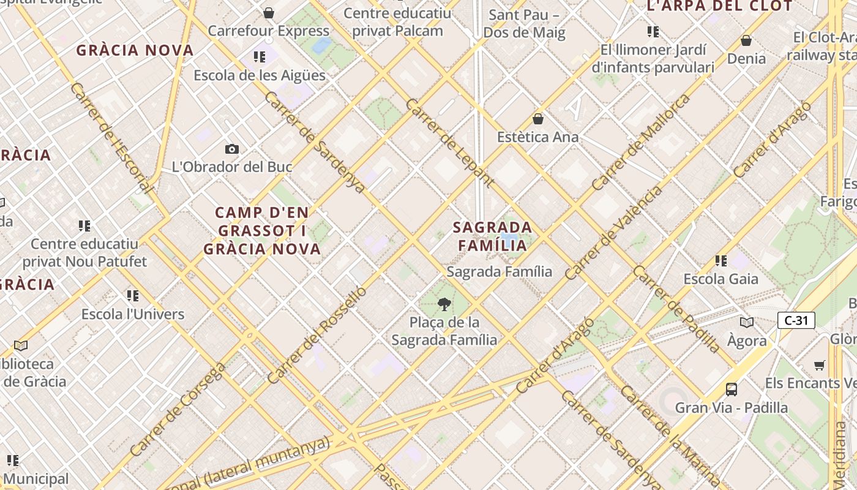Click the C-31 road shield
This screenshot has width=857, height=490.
(796, 320)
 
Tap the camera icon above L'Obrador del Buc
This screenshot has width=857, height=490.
(231, 149)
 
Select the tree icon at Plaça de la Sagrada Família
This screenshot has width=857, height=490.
(444, 304)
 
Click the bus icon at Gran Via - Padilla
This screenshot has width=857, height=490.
(731, 389)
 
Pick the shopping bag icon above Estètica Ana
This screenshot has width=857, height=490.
(538, 119)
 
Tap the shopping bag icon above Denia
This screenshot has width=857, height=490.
(746, 41)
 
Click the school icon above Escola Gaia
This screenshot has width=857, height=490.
(721, 261)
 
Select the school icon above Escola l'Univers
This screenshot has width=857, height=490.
(133, 296)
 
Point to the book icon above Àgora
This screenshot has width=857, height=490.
(747, 323)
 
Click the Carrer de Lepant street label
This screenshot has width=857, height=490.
(449, 142)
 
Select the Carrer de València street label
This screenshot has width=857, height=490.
(614, 233)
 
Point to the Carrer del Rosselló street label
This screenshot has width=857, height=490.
(317, 334)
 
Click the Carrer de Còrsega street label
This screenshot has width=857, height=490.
(178, 409)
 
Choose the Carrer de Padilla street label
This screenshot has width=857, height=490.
(677, 309)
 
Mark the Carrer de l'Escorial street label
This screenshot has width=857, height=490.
(110, 138)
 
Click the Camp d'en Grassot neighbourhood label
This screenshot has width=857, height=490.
(262, 231)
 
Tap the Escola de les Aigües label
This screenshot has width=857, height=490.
(260, 75)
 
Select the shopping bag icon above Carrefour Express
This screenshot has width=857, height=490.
(268, 13)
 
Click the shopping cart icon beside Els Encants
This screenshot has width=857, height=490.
(820, 365)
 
